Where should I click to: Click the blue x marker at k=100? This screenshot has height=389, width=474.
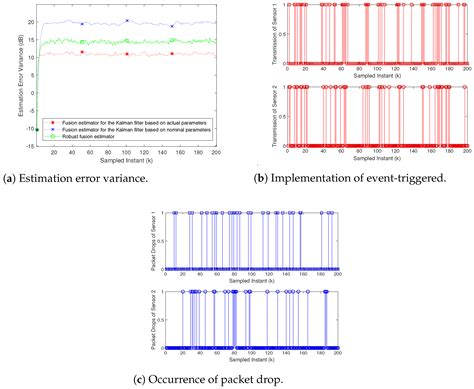click(127, 20)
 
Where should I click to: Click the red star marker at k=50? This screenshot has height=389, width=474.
click(82, 52)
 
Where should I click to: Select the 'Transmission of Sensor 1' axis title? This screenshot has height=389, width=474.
click(270, 37)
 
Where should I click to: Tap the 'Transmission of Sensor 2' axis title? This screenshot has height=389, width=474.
click(270, 115)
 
